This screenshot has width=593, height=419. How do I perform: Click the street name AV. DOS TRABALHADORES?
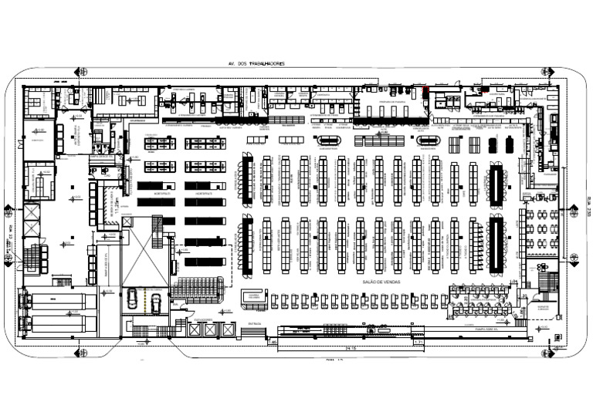click(x=252, y=63)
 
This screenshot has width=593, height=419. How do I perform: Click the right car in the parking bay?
click(x=155, y=302)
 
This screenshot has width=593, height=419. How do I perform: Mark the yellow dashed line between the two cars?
click(x=144, y=302)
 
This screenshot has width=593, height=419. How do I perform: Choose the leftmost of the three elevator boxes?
click(x=193, y=330)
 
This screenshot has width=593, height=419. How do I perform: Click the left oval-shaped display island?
click(x=329, y=140)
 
